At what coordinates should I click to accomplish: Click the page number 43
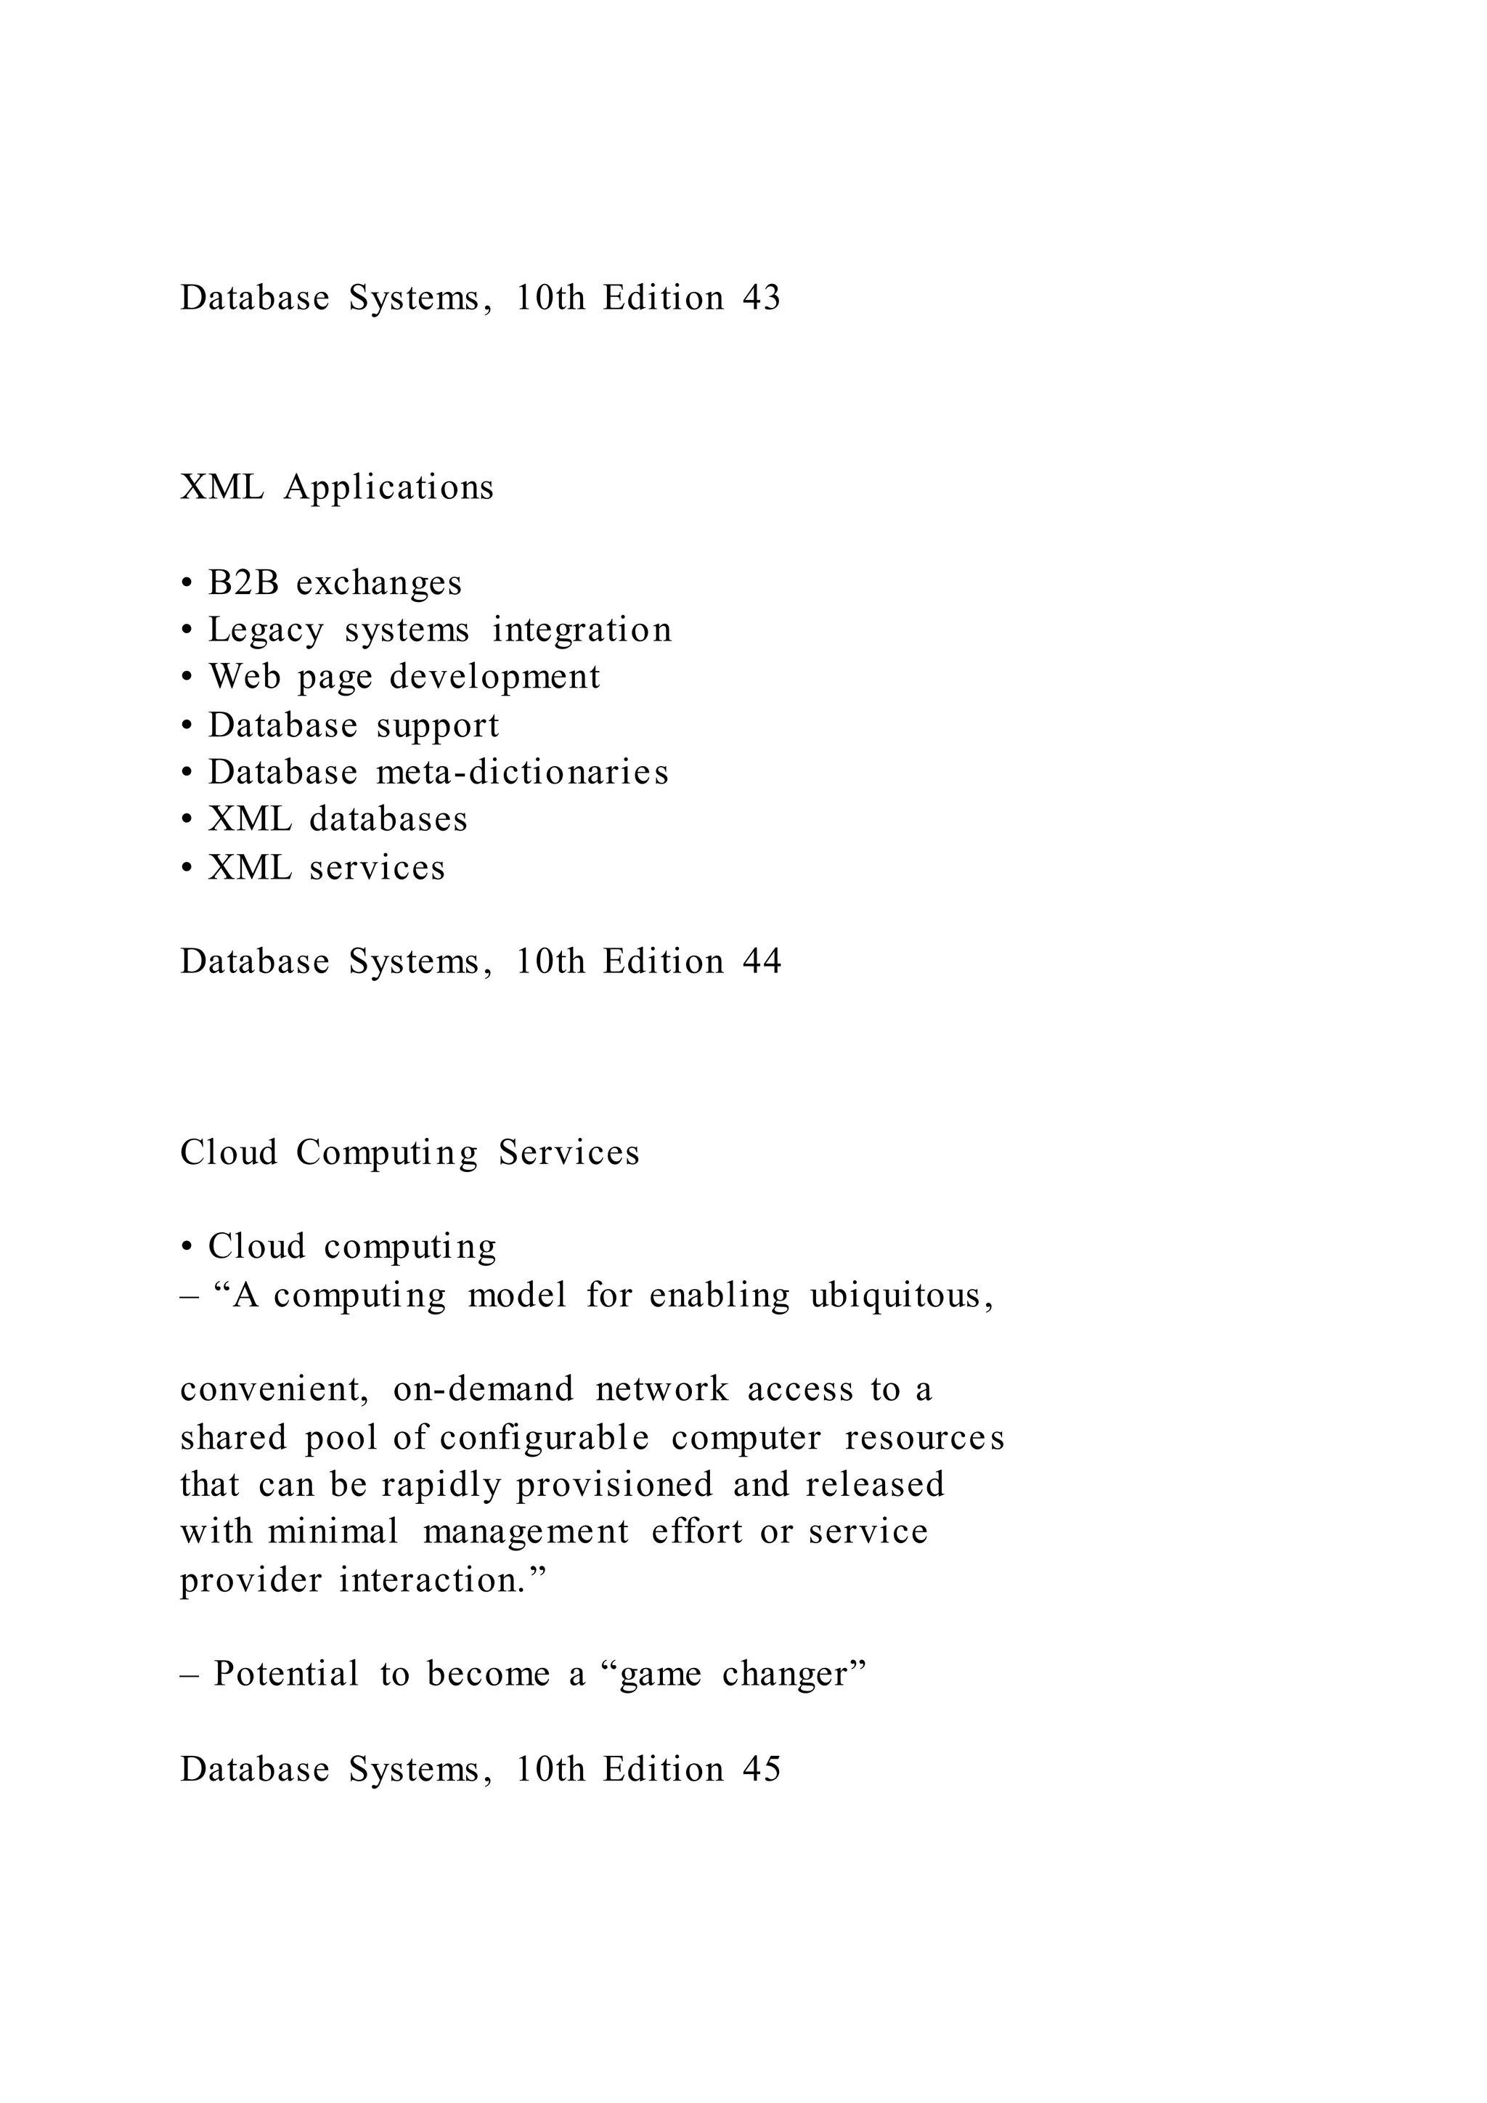(x=761, y=298)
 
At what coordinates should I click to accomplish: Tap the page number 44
(x=761, y=961)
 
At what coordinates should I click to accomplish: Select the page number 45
(x=761, y=1769)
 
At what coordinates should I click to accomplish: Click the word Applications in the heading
(x=388, y=488)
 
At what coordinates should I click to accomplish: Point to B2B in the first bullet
(x=243, y=583)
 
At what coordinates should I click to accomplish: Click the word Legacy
(x=266, y=631)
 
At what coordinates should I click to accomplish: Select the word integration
(x=582, y=630)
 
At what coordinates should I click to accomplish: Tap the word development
(x=494, y=678)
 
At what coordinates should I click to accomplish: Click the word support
(x=438, y=726)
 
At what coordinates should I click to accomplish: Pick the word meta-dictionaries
(x=522, y=772)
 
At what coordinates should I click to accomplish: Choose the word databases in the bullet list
(x=388, y=820)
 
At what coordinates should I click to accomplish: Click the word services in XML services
(x=378, y=867)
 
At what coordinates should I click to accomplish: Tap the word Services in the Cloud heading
(x=569, y=1152)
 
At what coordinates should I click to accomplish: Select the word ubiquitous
(x=901, y=1296)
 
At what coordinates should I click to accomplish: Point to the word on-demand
(x=483, y=1389)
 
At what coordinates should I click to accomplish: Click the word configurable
(x=544, y=1437)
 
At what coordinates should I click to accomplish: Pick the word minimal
(x=333, y=1532)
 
